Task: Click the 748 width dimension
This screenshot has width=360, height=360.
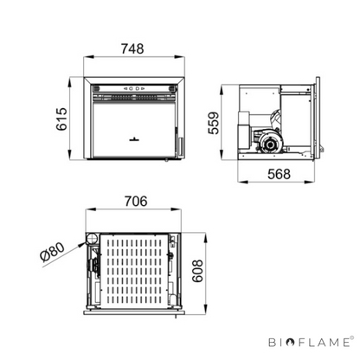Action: point(132,48)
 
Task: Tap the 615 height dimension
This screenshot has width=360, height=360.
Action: point(61,119)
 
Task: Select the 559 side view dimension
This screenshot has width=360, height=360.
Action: point(214,123)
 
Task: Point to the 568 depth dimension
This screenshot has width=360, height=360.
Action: point(279,174)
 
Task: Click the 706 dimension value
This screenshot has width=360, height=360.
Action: point(136,202)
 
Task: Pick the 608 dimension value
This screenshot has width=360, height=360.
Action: point(197,271)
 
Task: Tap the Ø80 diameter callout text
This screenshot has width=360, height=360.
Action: point(53,252)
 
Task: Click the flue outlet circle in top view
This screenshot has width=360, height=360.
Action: point(93,239)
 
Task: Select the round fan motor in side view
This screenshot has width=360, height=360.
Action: point(270,145)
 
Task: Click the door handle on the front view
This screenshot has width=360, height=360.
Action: point(134,139)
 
